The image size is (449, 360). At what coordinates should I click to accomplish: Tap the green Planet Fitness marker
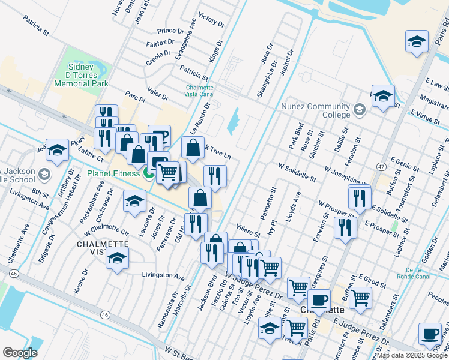coord(148,173)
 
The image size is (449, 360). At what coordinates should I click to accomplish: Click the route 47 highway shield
coord(381,165)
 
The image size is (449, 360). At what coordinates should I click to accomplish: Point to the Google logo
coord(20,352)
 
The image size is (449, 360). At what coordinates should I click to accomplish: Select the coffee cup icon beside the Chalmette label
coord(319,298)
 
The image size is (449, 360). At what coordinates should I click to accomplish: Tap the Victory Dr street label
coord(211,21)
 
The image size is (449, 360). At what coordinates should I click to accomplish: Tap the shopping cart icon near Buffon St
coord(360,296)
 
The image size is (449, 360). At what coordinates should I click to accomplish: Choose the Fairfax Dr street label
coord(160,43)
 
